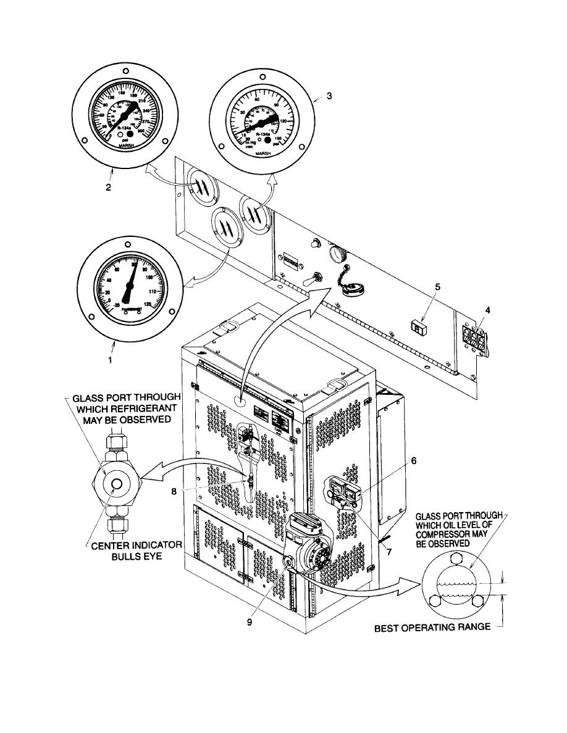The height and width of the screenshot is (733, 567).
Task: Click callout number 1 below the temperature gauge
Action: [x=110, y=361]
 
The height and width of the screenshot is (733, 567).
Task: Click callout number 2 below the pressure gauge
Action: [x=108, y=188]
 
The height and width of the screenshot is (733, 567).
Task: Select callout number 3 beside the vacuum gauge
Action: [x=329, y=96]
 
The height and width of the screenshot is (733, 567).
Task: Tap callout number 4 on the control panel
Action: [x=487, y=310]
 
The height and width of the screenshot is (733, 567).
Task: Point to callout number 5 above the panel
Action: [x=437, y=288]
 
